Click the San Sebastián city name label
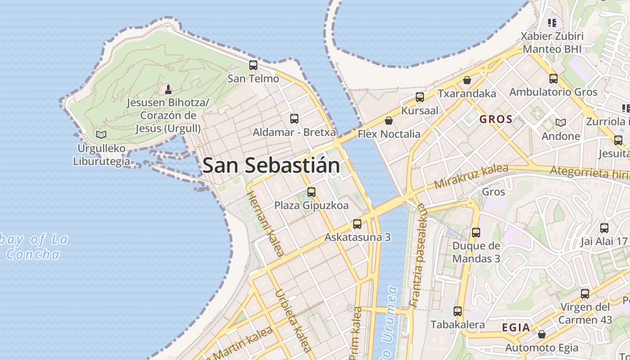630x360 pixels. [271, 166]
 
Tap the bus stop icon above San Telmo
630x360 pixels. [253, 65]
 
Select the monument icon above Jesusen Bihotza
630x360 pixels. [168, 89]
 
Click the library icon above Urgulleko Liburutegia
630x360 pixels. [102, 135]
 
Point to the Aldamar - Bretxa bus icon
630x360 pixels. [294, 119]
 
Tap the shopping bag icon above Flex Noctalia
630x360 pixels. [389, 121]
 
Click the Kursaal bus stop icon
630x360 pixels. [420, 97]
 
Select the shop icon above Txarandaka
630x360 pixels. [467, 80]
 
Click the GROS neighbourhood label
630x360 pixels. [496, 119]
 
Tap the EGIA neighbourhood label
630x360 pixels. [516, 328]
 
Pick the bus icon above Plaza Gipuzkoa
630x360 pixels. [311, 192]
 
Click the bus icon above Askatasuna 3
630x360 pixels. [357, 224]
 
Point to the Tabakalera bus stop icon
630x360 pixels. [458, 311]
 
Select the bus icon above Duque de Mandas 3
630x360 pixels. [476, 233]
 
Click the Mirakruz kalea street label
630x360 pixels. [471, 176]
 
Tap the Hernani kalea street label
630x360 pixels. [265, 224]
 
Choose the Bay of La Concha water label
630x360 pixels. [34, 247]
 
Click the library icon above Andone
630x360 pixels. [561, 122]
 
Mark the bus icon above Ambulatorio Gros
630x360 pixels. [553, 79]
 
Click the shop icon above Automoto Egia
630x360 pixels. [542, 334]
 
